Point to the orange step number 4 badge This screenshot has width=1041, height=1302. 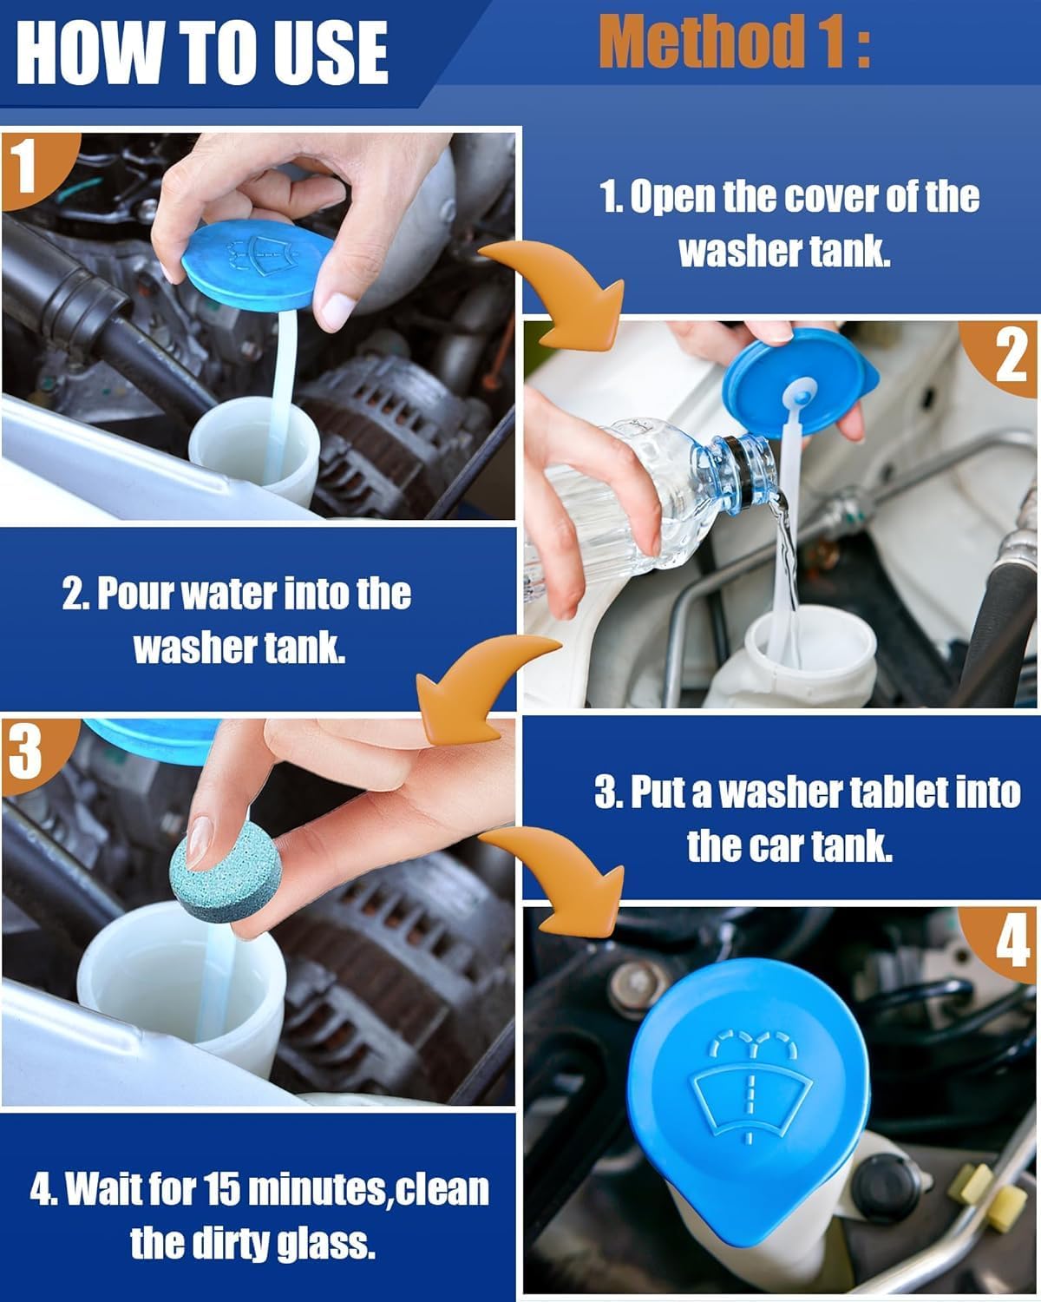pos(1011,943)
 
